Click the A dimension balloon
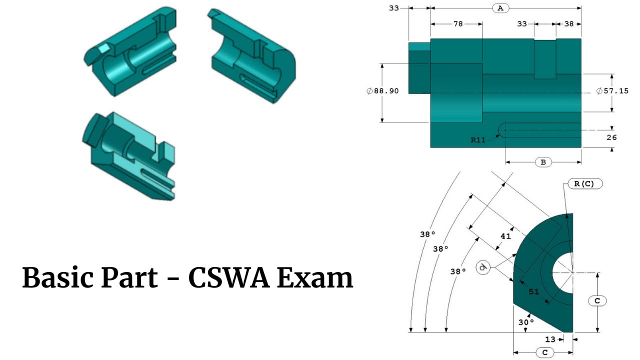500,8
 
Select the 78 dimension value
458,23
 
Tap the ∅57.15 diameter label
612,91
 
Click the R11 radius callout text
478,140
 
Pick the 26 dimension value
611,137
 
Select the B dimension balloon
543,162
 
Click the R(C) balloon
584,183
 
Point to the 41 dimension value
505,236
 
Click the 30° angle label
523,322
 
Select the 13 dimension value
550,339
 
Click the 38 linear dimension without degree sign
568,23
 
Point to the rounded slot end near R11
502,130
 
